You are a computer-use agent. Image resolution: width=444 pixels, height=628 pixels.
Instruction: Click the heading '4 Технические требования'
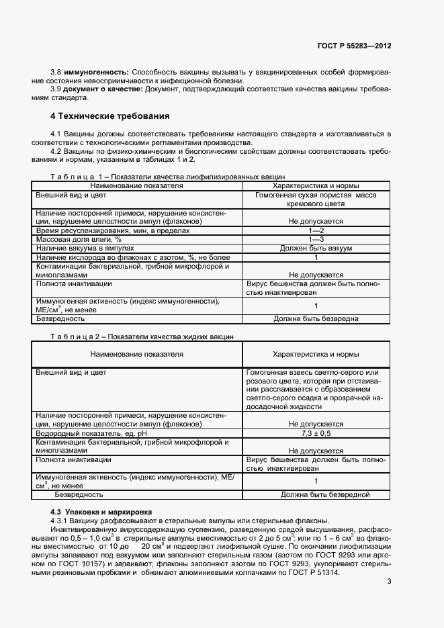click(110, 116)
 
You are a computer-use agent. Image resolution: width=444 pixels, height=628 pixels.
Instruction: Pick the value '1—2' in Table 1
click(316, 230)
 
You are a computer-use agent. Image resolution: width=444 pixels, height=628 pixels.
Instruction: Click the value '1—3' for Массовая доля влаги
click(316, 239)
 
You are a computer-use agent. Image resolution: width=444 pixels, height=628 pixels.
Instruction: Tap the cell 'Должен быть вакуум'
click(316, 249)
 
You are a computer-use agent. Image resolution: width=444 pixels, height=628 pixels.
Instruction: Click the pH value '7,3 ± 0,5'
click(316, 433)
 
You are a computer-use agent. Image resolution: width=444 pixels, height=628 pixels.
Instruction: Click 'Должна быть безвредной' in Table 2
click(316, 495)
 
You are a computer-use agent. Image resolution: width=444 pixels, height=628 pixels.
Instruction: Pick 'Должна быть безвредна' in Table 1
click(316, 318)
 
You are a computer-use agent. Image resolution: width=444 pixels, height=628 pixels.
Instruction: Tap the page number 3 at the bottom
click(389, 582)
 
